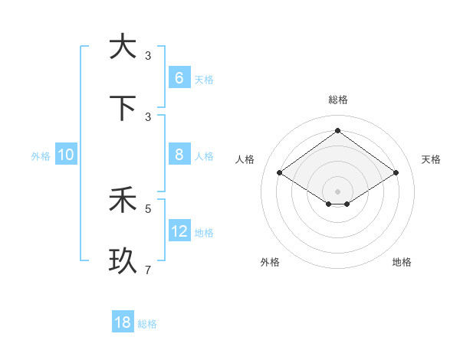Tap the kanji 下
pyautogui.click(x=123, y=108)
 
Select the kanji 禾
pyautogui.click(x=123, y=201)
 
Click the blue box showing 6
pyautogui.click(x=179, y=77)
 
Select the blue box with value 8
pyautogui.click(x=179, y=155)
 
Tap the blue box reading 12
pyautogui.click(x=179, y=231)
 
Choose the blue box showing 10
pyautogui.click(x=66, y=155)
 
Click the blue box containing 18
pyautogui.click(x=123, y=322)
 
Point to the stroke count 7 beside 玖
pyautogui.click(x=148, y=270)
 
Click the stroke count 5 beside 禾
pyautogui.click(x=148, y=208)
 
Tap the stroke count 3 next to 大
pyautogui.click(x=148, y=55)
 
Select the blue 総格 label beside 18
pyautogui.click(x=147, y=324)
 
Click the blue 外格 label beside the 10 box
pyautogui.click(x=41, y=156)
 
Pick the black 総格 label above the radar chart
pyautogui.click(x=337, y=100)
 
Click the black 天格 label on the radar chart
pyautogui.click(x=431, y=159)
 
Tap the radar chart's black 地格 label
pyautogui.click(x=402, y=262)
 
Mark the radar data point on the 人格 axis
pyautogui.click(x=280, y=173)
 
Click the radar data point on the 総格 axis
pyautogui.click(x=337, y=130)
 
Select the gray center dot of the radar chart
pyautogui.click(x=337, y=191)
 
